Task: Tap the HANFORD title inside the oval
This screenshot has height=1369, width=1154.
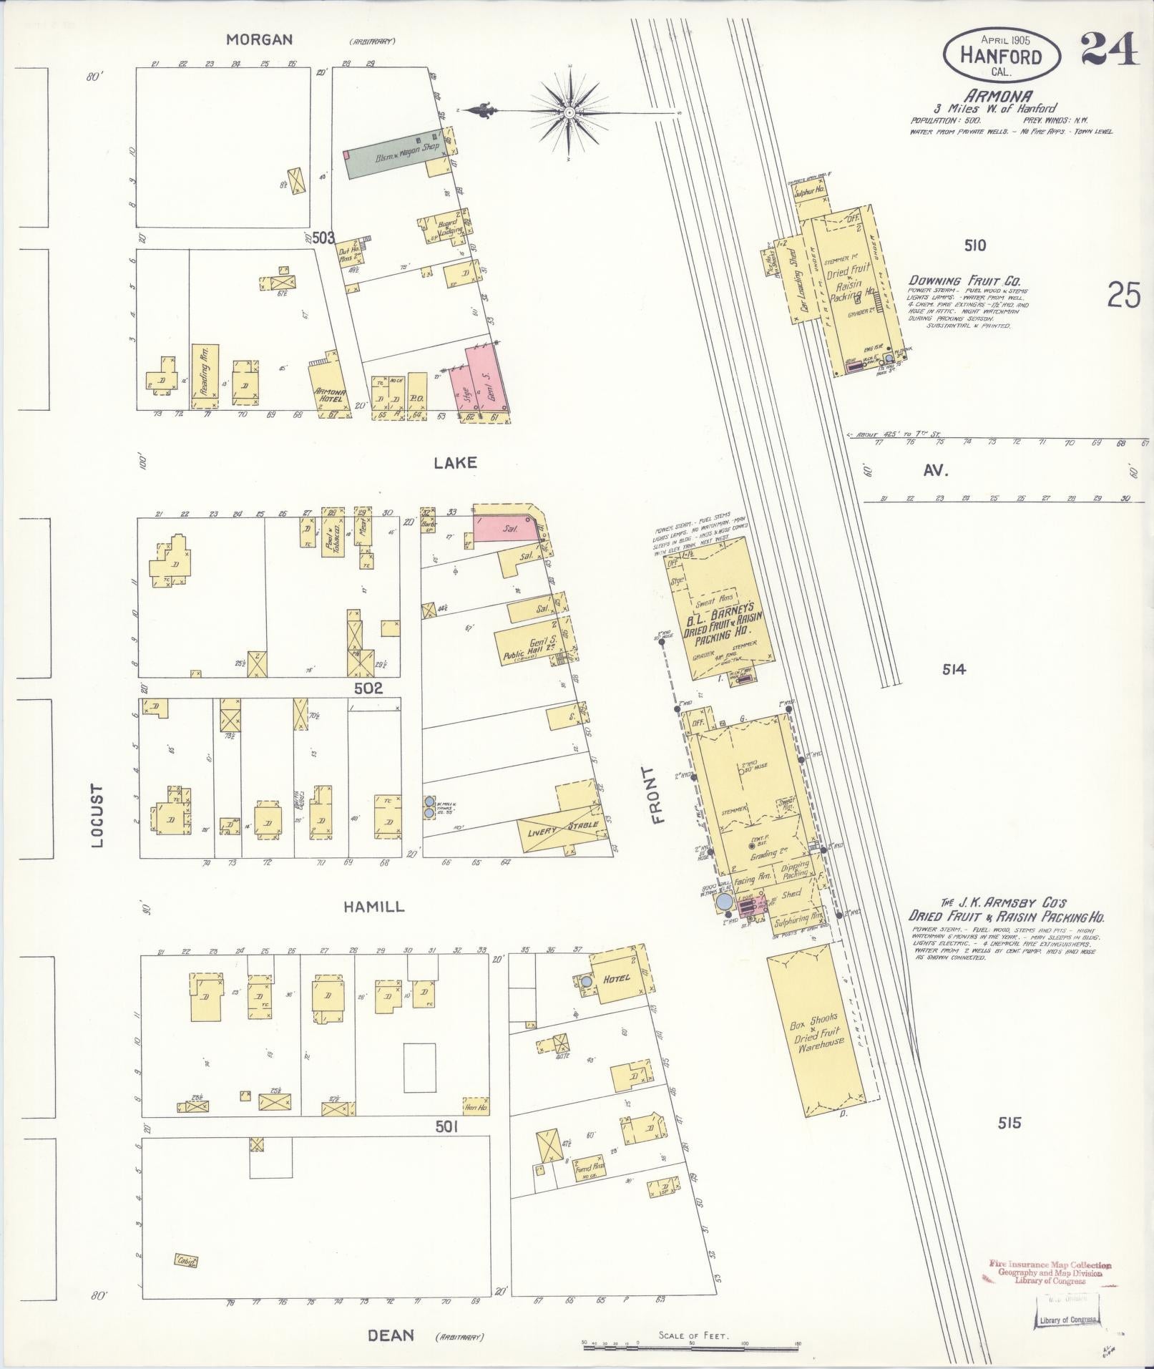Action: point(1001,57)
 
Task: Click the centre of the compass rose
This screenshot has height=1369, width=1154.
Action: point(569,112)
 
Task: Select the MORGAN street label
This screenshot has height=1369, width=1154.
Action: point(259,40)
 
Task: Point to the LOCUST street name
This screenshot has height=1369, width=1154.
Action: point(97,816)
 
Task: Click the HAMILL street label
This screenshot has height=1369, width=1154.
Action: point(373,907)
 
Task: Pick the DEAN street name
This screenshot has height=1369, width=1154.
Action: point(391,1335)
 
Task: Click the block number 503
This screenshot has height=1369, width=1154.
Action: point(323,238)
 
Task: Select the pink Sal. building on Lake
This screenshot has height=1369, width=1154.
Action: point(504,528)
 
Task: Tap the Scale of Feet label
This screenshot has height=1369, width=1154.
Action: point(693,1335)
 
